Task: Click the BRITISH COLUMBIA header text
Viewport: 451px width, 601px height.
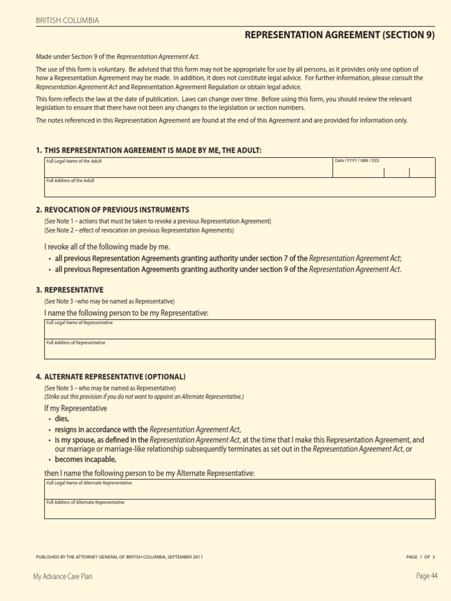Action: (68, 21)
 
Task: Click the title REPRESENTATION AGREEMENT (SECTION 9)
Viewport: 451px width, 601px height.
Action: (340, 36)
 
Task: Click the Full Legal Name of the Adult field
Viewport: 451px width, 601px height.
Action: (188, 168)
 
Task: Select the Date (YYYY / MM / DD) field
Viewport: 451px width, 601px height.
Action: (384, 168)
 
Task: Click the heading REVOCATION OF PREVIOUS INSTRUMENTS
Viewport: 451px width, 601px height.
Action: (116, 210)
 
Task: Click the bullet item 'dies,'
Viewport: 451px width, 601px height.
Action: (62, 418)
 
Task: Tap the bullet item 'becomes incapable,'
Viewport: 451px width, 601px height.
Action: (86, 460)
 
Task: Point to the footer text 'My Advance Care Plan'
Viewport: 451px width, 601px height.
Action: (63, 576)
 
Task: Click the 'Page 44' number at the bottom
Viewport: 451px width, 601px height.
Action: (427, 576)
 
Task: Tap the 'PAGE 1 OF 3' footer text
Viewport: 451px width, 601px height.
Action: (420, 556)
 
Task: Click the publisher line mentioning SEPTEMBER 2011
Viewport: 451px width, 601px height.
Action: (120, 556)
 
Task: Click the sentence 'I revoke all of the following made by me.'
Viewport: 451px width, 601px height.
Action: (107, 247)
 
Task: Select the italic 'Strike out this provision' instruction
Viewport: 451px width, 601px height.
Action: (144, 397)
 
